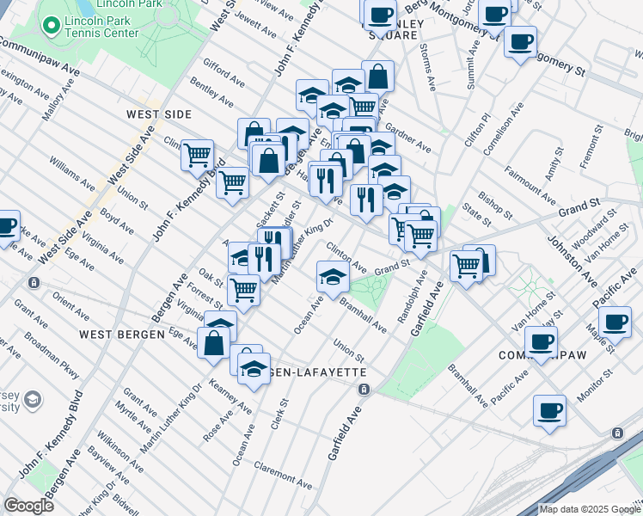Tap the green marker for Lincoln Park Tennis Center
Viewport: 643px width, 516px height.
[52, 27]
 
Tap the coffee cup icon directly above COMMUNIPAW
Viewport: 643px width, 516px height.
[541, 342]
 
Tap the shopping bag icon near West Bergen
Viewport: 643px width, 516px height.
[213, 343]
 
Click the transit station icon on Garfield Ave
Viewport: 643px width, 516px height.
[364, 390]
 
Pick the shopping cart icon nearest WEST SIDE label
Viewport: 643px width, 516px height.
[198, 156]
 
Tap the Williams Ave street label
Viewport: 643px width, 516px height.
[72, 173]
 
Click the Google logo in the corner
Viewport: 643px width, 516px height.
[28, 505]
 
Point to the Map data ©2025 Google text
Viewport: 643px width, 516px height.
[590, 509]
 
